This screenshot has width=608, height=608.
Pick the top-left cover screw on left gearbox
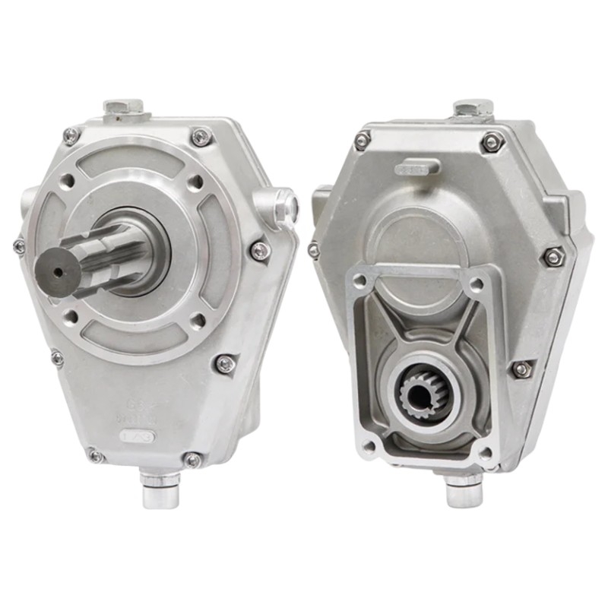pyautogui.click(x=71, y=136)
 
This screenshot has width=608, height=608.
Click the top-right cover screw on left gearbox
pyautogui.click(x=200, y=137)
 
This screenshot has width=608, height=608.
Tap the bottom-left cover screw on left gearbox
pyautogui.click(x=95, y=456)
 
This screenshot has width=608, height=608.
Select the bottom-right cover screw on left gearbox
pyautogui.click(x=193, y=459)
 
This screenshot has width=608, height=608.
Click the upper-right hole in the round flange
pyautogui.click(x=195, y=182)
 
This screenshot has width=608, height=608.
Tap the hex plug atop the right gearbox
pyautogui.click(x=473, y=108)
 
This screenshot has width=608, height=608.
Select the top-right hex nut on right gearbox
pyautogui.click(x=492, y=142)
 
